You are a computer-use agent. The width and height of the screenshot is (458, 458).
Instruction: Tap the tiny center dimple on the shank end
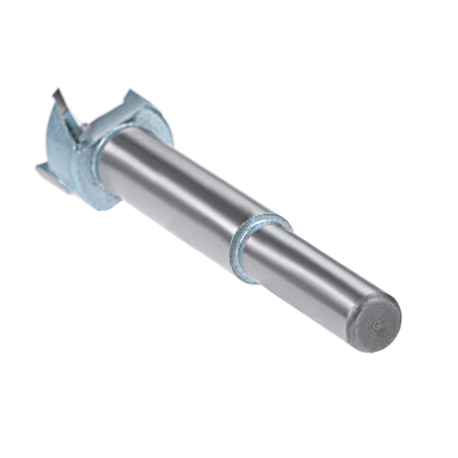tap(377, 322)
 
